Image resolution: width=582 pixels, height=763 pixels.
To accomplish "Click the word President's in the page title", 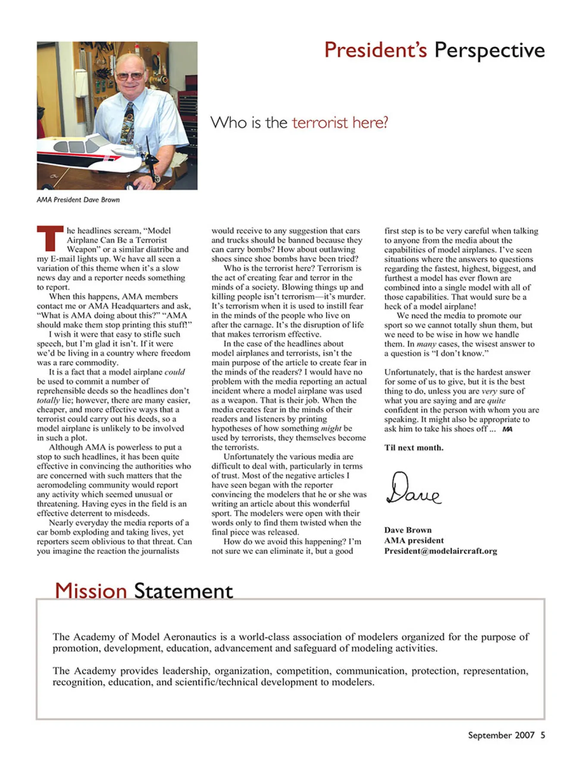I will [375, 50].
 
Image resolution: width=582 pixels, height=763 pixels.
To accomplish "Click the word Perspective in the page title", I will [489, 51].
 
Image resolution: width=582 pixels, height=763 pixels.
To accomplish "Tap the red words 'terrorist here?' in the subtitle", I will [340, 122].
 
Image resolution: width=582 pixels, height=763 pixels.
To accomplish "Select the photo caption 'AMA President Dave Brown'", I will [78, 200].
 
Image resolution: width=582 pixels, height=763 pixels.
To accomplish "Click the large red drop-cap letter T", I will [50, 238].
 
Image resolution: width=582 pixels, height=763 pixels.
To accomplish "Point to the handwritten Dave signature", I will [413, 489].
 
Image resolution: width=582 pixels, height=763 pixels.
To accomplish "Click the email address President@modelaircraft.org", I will [441, 551].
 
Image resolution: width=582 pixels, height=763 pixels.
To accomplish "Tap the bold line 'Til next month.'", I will [414, 448].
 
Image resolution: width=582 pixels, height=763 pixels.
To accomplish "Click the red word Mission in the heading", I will [91, 590].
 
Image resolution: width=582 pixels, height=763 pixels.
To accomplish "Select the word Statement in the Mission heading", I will [183, 591].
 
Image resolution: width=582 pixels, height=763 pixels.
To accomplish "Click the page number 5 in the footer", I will [543, 735].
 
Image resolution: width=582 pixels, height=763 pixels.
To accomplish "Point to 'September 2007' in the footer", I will [501, 735].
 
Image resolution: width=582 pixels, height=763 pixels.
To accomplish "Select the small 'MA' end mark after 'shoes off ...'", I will [507, 429].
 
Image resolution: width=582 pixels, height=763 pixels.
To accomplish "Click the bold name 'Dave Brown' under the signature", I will [407, 530].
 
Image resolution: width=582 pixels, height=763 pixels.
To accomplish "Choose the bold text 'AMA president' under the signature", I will [413, 540].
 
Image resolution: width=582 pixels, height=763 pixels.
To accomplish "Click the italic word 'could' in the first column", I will [175, 372].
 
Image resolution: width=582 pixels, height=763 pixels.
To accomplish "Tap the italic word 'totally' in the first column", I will [48, 400].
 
